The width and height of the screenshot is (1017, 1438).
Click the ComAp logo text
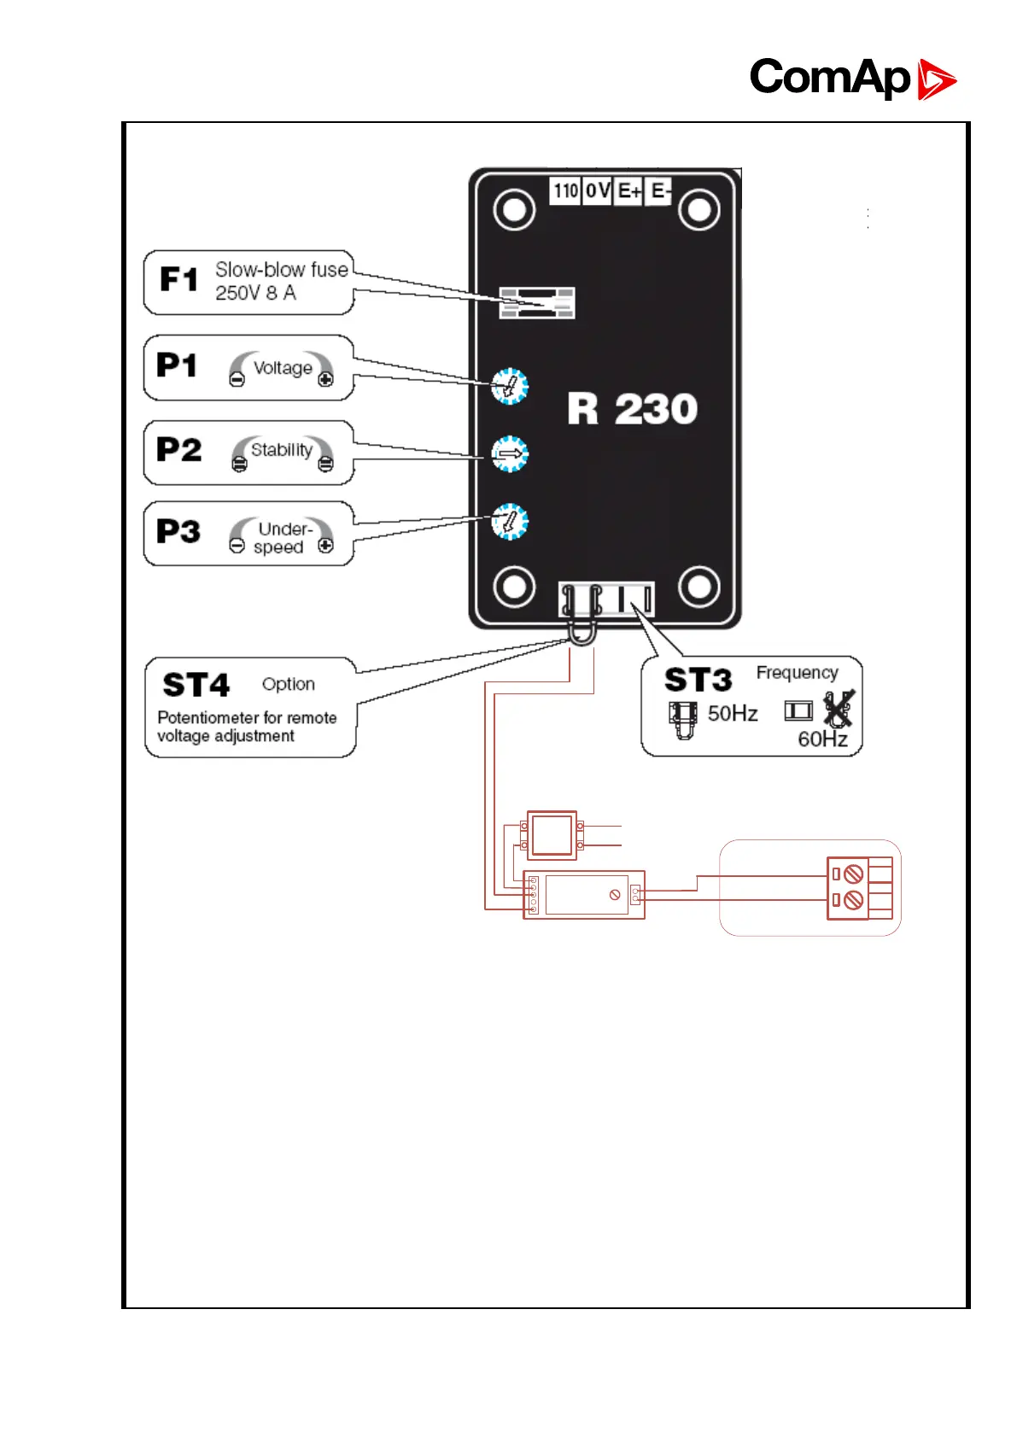tap(829, 78)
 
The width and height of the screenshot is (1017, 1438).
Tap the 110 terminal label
tap(565, 190)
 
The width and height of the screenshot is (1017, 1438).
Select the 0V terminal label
tap(598, 190)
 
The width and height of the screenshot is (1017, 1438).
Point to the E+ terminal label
tap(629, 191)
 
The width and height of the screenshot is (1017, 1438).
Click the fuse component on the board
tap(537, 303)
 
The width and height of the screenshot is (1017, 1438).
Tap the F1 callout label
tap(179, 279)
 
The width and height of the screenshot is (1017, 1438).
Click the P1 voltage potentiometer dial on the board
tap(510, 387)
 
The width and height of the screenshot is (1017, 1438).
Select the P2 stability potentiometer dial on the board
tap(510, 454)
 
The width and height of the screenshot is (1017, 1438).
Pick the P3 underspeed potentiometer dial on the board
tap(510, 522)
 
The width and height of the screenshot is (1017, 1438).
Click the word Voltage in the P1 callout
tap(283, 368)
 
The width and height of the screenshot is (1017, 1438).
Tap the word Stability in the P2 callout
tap(282, 450)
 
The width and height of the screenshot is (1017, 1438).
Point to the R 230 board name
tap(633, 409)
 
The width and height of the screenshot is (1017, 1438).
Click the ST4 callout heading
tap(196, 685)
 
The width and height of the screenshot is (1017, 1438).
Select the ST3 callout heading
tap(698, 680)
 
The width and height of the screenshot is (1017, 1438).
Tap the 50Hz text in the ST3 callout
tap(733, 714)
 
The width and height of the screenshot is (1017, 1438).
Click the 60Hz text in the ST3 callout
tap(822, 739)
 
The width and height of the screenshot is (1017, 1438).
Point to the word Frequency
tap(797, 673)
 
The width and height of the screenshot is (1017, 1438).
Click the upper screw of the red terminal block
tap(853, 874)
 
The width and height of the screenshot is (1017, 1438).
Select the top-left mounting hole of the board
tap(514, 209)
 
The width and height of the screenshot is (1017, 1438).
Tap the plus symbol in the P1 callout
tap(325, 380)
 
